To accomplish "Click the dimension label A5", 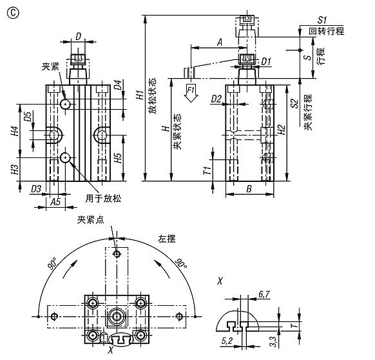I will tap(56, 201).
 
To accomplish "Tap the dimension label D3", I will tap(37, 188).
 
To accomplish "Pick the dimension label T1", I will tap(207, 170).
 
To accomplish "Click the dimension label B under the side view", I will tap(249, 190).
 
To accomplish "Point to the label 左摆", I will tap(168, 237).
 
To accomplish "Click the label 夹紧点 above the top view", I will tap(90, 219).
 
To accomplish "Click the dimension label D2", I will tap(216, 99).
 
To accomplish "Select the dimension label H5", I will tap(118, 159).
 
